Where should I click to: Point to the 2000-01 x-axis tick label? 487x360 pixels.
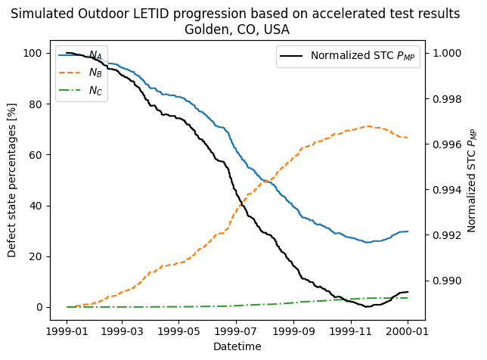[x=408, y=331]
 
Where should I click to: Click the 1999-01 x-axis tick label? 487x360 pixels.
[x=67, y=331]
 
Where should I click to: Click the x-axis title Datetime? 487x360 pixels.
[x=237, y=346]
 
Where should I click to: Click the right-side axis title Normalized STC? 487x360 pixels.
[x=472, y=180]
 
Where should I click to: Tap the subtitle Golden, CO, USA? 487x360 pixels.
[x=237, y=29]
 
